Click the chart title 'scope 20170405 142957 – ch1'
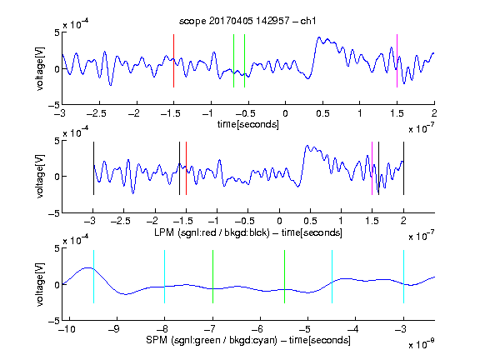[x=247, y=21]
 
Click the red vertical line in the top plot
[x=173, y=61]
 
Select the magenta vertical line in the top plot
[x=397, y=61]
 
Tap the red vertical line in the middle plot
[x=186, y=168]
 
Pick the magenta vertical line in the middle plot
[x=372, y=168]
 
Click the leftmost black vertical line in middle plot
[x=93, y=168]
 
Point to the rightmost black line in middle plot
[x=403, y=168]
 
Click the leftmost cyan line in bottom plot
[x=93, y=277]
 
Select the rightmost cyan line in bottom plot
[x=403, y=277]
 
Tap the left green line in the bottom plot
[x=212, y=277]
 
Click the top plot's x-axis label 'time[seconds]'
[x=248, y=125]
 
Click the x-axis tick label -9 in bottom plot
[x=114, y=329]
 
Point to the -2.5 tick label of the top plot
[x=96, y=113]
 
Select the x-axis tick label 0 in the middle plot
[x=279, y=221]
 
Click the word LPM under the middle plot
[x=164, y=232]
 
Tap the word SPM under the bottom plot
[x=157, y=340]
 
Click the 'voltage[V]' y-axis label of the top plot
[x=40, y=68]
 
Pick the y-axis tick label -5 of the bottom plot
[x=54, y=321]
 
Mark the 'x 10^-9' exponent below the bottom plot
[x=421, y=343]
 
